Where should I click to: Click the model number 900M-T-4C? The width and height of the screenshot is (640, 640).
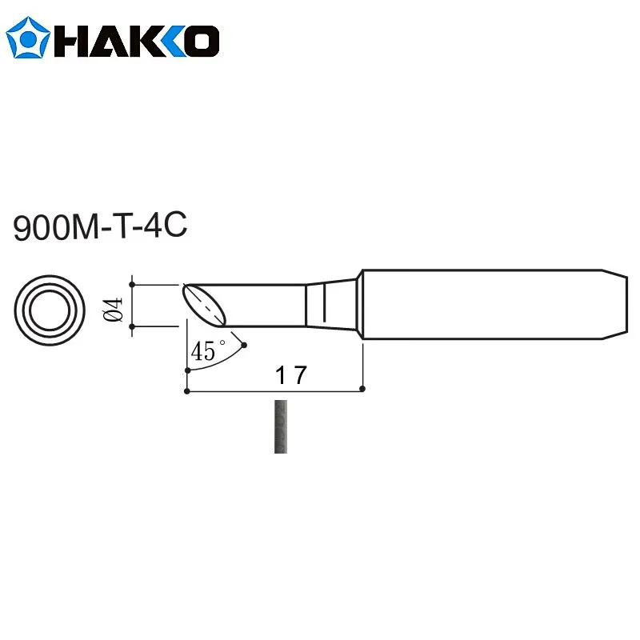(100, 227)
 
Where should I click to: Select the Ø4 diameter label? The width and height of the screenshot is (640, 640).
(113, 306)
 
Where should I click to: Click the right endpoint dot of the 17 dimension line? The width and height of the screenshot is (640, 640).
(362, 390)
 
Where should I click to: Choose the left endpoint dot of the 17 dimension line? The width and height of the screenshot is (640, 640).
(186, 391)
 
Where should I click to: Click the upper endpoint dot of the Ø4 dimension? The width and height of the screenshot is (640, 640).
(132, 283)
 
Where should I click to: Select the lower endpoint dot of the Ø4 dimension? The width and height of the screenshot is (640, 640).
(132, 326)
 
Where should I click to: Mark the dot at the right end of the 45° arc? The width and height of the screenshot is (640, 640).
(244, 346)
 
